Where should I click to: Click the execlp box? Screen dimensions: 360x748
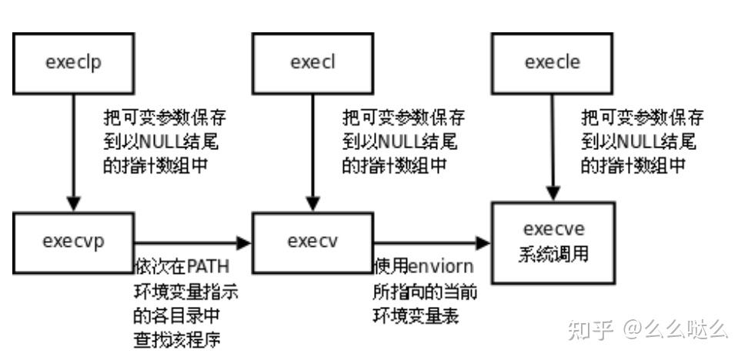coord(74,63)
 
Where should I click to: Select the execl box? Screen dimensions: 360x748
coord(312,63)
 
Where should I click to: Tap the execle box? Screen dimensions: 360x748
coord(552,63)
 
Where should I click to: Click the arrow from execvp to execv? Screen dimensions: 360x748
coord(192,243)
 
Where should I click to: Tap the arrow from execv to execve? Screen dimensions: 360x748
coord(431,243)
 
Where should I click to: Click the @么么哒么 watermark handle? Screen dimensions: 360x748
coord(675,330)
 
